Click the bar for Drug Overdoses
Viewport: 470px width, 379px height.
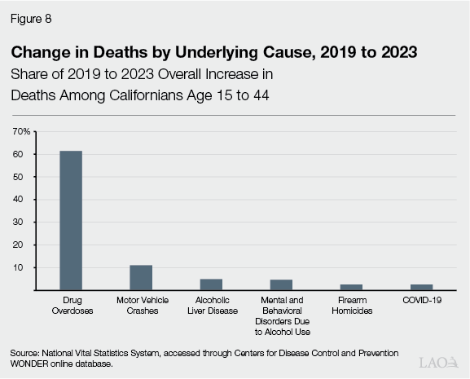(70, 220)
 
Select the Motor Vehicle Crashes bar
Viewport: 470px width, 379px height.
(141, 277)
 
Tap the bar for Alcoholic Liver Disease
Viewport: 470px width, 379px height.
(211, 284)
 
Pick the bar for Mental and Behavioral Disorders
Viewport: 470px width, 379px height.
(281, 284)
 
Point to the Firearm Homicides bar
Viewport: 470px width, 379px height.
(351, 287)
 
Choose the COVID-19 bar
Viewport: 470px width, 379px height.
(421, 287)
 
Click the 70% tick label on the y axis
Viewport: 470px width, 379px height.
(22, 131)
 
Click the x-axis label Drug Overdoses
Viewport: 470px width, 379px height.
(70, 306)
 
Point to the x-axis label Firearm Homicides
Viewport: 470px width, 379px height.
(351, 306)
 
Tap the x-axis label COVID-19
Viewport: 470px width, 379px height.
(421, 301)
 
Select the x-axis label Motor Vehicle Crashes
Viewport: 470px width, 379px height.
(141, 306)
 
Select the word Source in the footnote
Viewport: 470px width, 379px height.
(25, 351)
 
